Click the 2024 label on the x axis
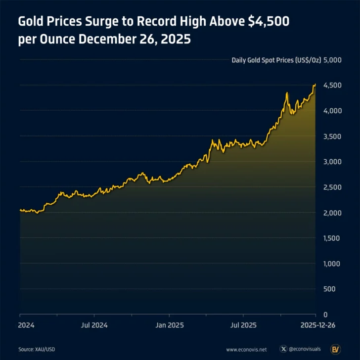(x=26, y=325)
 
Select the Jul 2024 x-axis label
(x=94, y=325)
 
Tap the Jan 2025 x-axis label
(x=170, y=325)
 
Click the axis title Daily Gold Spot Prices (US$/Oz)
(x=276, y=60)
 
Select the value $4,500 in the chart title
(x=268, y=22)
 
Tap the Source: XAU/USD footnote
(x=37, y=349)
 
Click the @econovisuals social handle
(x=306, y=349)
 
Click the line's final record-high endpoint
(x=315, y=85)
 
